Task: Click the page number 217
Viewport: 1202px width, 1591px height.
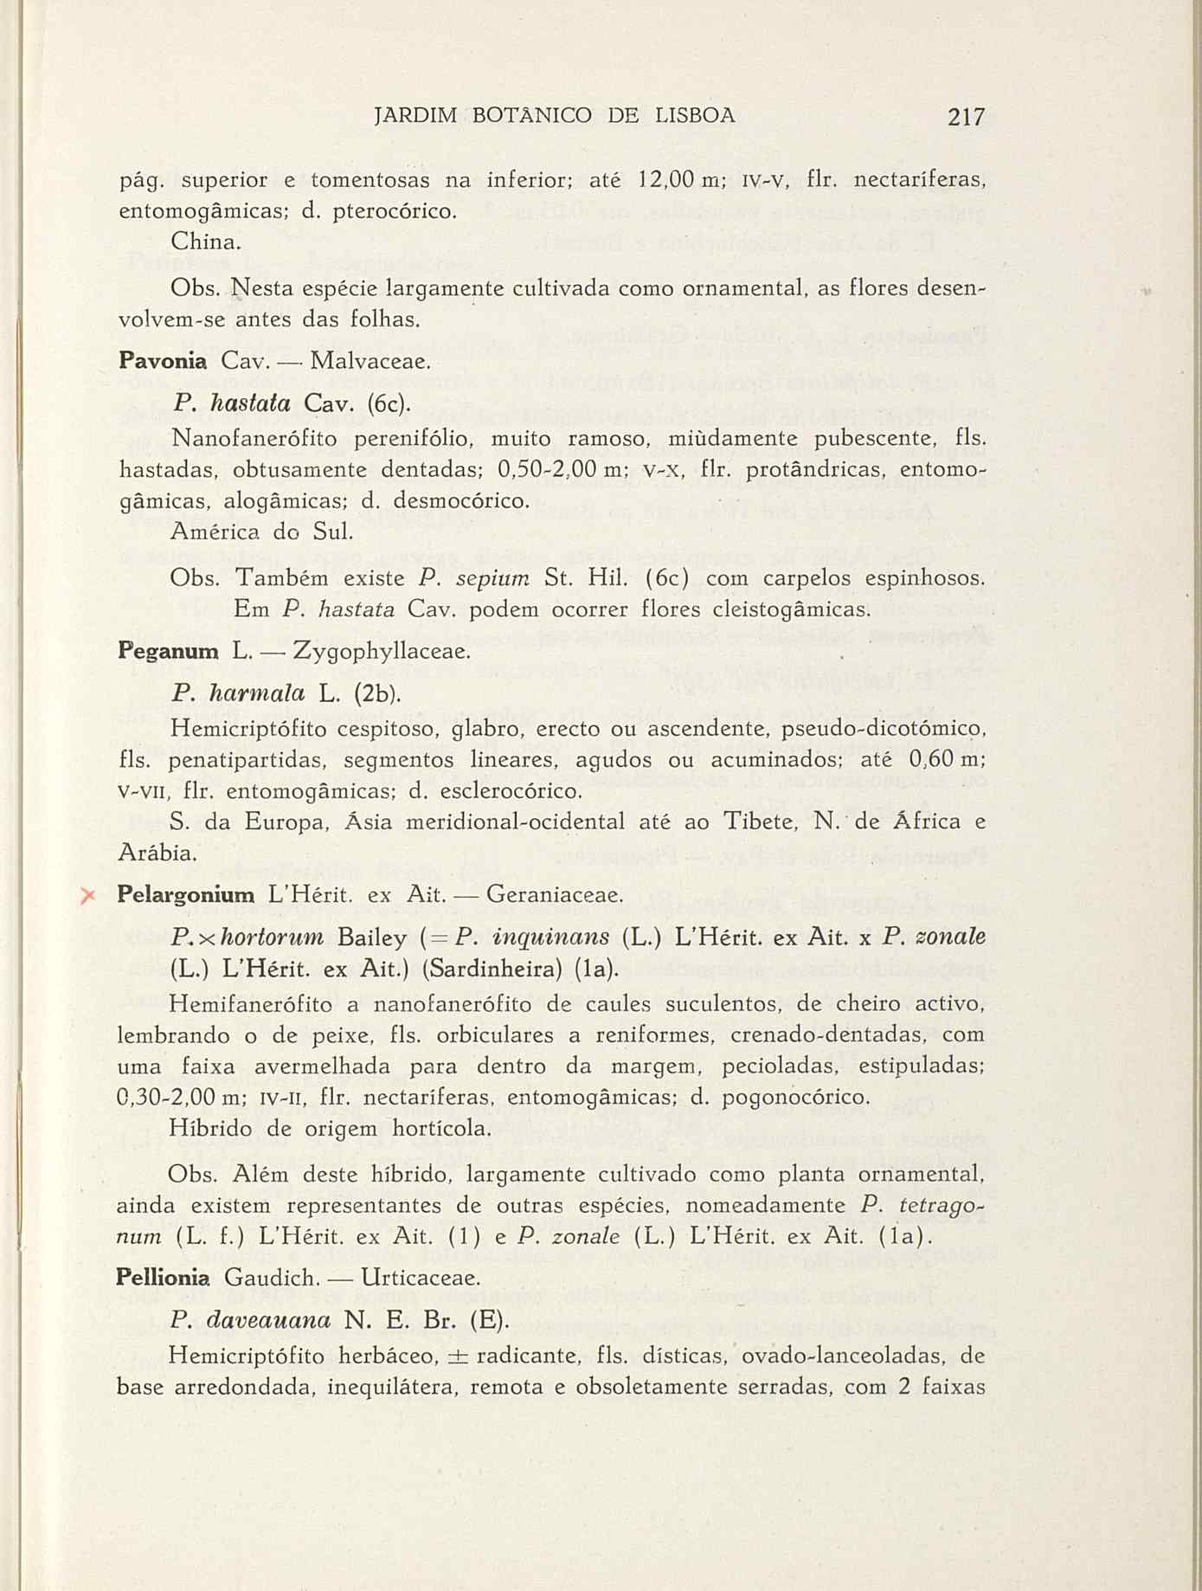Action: [x=966, y=117]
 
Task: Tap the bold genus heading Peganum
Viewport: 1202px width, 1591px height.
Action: [x=167, y=651]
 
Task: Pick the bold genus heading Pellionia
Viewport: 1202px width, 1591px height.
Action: [x=163, y=1277]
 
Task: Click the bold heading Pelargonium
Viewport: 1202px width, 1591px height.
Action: [x=185, y=895]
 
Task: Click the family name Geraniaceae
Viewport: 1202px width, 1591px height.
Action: [x=555, y=895]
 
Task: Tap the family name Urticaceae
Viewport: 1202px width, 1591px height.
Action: [x=420, y=1277]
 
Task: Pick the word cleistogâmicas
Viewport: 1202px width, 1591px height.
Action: [x=790, y=609]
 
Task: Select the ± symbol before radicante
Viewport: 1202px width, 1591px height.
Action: [x=459, y=1354]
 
